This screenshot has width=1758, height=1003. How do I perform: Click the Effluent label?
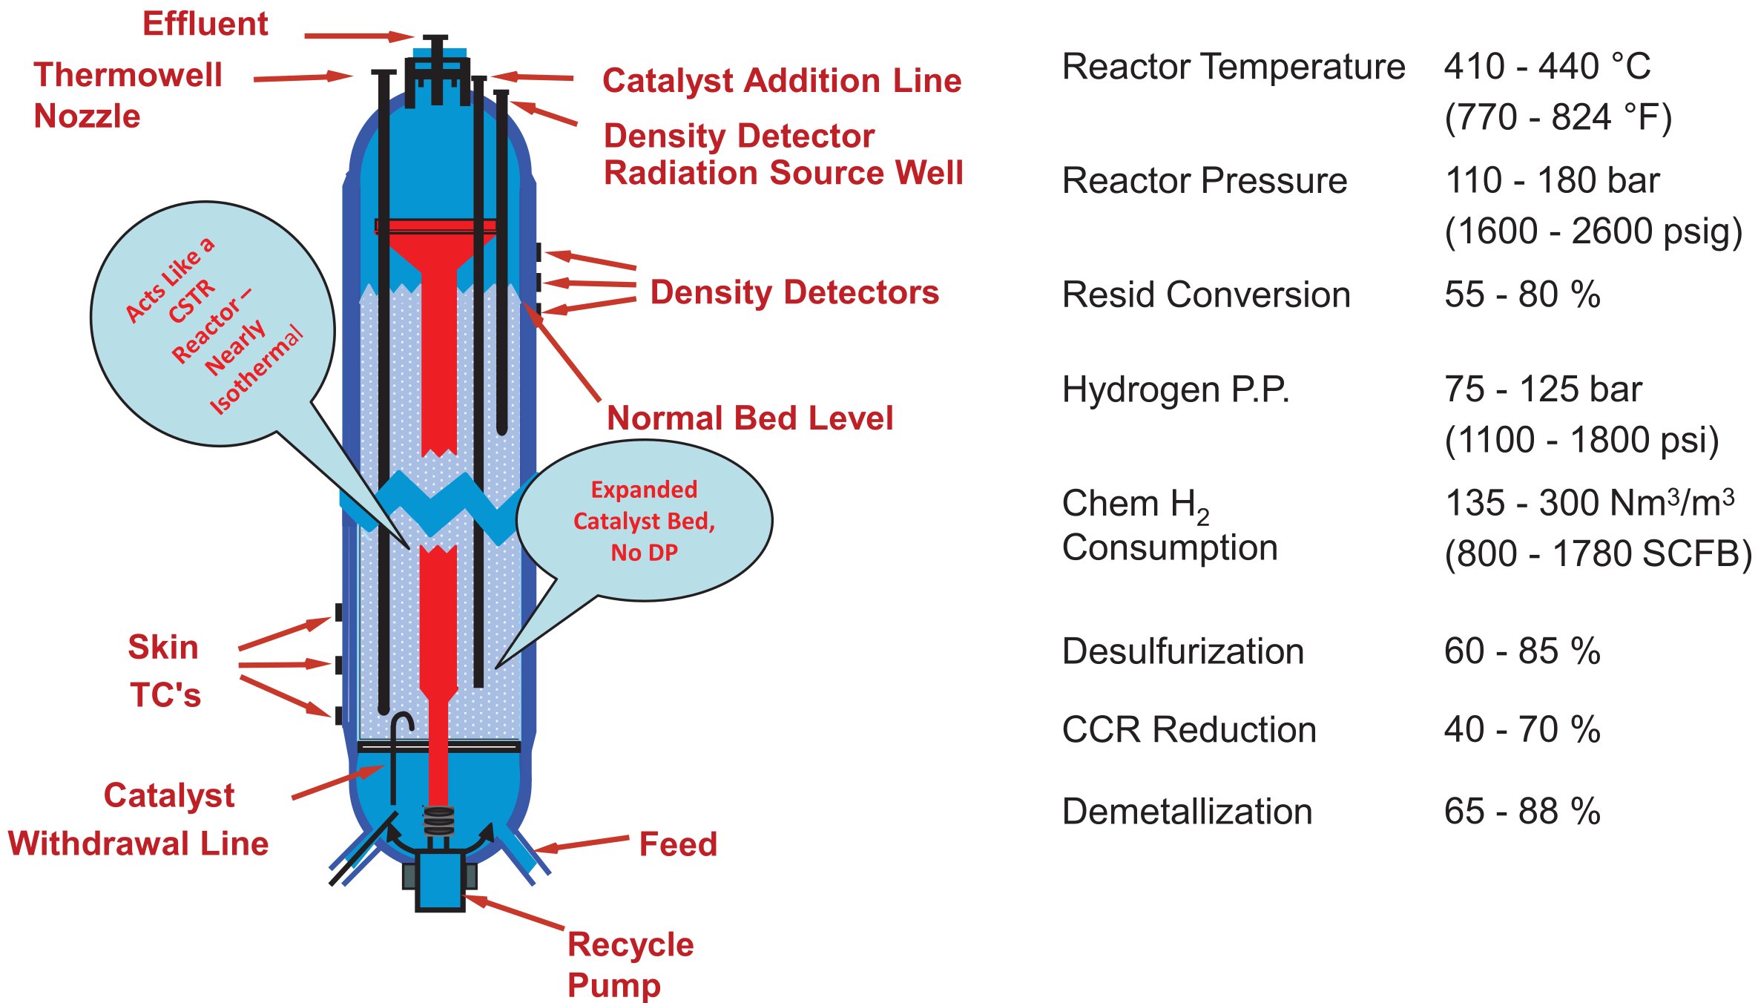205,24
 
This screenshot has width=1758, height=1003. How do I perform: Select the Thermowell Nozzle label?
128,96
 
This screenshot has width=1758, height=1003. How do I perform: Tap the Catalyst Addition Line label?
782,81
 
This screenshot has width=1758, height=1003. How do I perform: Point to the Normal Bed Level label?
750,418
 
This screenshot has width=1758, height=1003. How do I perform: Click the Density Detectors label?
794,292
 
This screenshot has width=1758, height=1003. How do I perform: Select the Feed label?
678,844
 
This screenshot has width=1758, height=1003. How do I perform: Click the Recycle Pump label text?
631,964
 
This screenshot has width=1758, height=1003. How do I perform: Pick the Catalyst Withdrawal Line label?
139,820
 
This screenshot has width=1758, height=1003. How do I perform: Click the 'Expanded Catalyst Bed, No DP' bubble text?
644,521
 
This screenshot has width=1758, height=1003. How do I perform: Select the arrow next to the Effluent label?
358,36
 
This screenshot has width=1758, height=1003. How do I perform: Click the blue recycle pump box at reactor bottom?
439,881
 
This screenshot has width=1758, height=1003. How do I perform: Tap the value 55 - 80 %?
1522,295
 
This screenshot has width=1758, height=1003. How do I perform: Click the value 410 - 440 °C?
1547,67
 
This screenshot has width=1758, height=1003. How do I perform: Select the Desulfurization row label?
1182,651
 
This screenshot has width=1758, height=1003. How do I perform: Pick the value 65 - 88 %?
1522,811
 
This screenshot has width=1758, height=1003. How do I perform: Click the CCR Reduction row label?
1189,730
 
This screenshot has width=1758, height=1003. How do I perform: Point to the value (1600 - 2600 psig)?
1593,231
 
